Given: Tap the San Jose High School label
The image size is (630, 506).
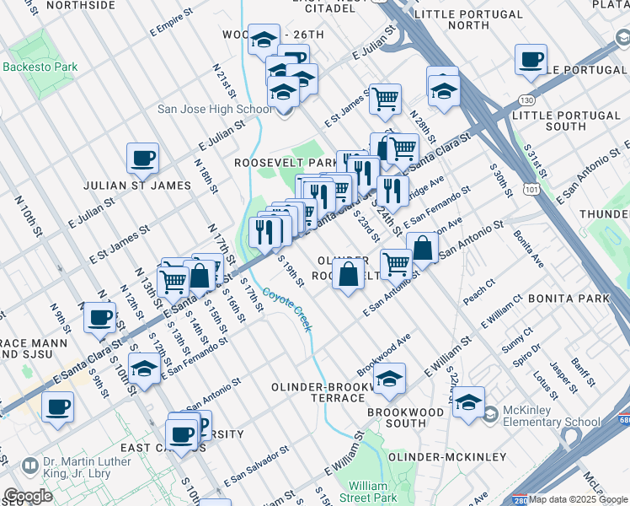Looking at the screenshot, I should click(x=215, y=109).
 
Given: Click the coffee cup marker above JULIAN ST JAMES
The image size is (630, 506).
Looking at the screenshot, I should click(x=143, y=157).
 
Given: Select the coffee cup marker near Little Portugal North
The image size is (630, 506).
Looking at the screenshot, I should click(x=531, y=60).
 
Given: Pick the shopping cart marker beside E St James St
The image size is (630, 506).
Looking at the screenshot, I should click(x=385, y=98).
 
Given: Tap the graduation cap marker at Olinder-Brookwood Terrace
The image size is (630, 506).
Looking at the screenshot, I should click(x=389, y=380).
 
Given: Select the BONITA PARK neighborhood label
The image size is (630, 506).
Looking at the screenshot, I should click(x=569, y=299).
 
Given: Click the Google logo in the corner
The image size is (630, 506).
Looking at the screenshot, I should click(x=28, y=496).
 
